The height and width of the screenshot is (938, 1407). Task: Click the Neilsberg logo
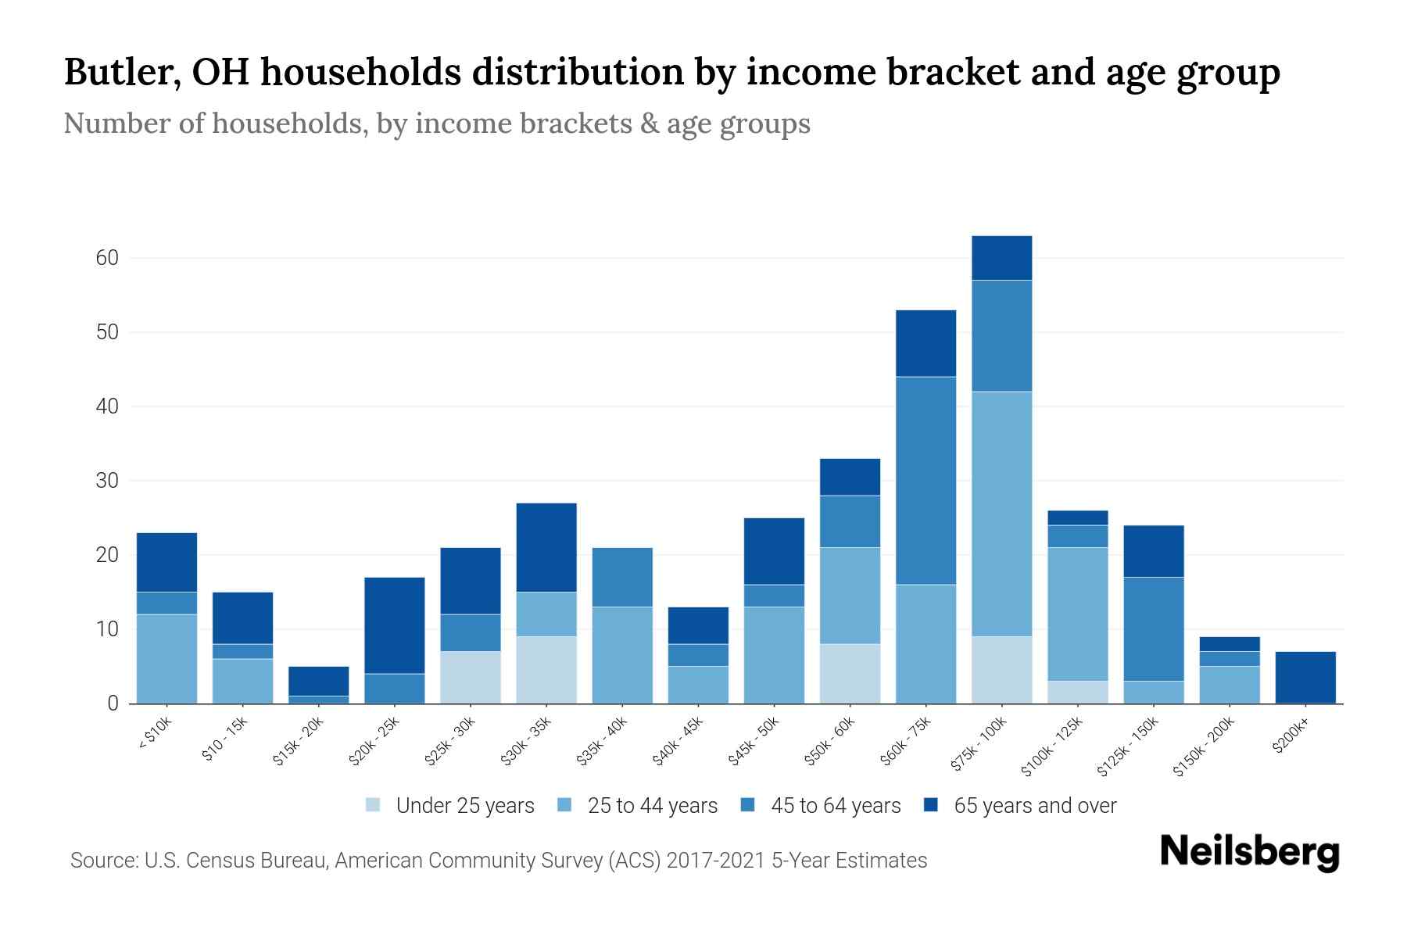tap(1249, 851)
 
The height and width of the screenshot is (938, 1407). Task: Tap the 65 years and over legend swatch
tap(930, 805)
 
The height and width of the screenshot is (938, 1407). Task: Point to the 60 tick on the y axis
tap(107, 258)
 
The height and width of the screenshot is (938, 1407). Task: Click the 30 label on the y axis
tap(107, 481)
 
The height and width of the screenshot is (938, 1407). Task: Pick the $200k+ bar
tap(1305, 678)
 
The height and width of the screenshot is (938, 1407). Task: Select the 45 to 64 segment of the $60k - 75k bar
tap(925, 481)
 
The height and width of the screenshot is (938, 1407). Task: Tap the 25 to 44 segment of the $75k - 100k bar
tap(1001, 514)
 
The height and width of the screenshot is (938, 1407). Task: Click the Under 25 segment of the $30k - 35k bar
tap(546, 670)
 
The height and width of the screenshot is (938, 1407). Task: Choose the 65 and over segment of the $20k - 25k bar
tap(395, 625)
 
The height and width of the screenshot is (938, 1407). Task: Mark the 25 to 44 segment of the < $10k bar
tap(166, 659)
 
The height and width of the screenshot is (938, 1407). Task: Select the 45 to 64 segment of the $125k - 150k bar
tap(1153, 629)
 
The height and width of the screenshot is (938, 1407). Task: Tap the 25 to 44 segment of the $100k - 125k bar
tap(1077, 614)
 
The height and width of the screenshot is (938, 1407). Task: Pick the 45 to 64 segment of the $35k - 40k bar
tap(622, 577)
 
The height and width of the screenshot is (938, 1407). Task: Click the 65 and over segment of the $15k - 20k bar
tap(319, 681)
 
